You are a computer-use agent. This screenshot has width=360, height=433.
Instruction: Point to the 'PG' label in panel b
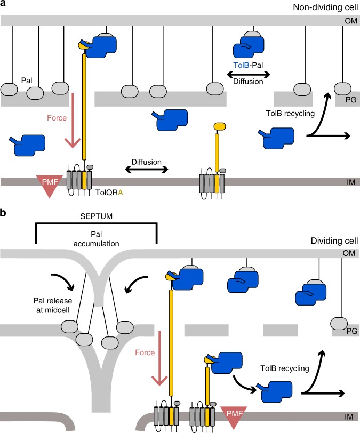[350, 331]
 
